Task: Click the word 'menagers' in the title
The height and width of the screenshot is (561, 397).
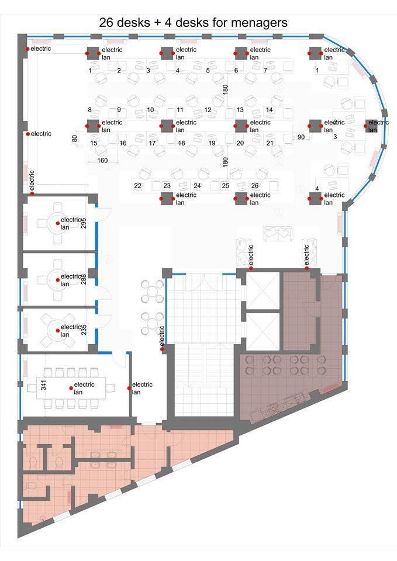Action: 259,23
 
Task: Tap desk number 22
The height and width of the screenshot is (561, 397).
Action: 137,186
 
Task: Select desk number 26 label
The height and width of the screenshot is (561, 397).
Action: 255,186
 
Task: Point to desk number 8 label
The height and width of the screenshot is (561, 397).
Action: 90,110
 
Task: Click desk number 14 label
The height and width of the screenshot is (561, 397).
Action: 270,110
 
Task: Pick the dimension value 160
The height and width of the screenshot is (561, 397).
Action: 102,160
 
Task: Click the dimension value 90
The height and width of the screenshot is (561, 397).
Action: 301,137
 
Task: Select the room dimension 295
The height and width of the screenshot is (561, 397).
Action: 84,223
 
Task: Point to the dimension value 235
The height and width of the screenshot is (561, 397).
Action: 84,330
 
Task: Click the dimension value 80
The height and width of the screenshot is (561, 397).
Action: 74,138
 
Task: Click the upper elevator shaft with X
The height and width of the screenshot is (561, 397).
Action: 262,290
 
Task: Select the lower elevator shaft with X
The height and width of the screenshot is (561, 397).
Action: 262,331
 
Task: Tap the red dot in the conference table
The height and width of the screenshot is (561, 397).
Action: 71,388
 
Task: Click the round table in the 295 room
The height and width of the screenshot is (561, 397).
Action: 57,223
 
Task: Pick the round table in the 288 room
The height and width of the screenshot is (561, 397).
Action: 57,280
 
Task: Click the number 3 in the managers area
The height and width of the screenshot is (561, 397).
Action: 336,137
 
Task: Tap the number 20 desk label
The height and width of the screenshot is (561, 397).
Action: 240,143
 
